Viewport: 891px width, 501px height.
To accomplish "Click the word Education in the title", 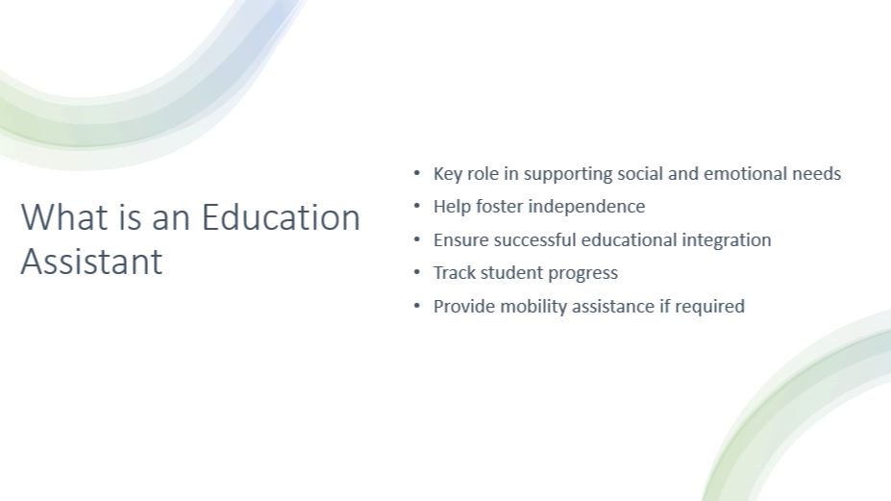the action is [x=281, y=217].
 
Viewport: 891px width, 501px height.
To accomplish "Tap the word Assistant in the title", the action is [x=92, y=262].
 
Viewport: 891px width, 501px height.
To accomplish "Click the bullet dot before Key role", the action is [x=417, y=173].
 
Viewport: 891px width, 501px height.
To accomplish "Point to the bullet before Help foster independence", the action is [x=417, y=206].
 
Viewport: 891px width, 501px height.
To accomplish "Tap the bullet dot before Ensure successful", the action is [x=417, y=239].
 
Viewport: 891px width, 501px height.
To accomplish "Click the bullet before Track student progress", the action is [x=417, y=272].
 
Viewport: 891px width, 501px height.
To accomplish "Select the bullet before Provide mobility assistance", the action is [x=417, y=306].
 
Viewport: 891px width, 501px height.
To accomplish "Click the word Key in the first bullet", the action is [x=448, y=174].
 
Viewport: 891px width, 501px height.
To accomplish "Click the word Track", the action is [x=455, y=273].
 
